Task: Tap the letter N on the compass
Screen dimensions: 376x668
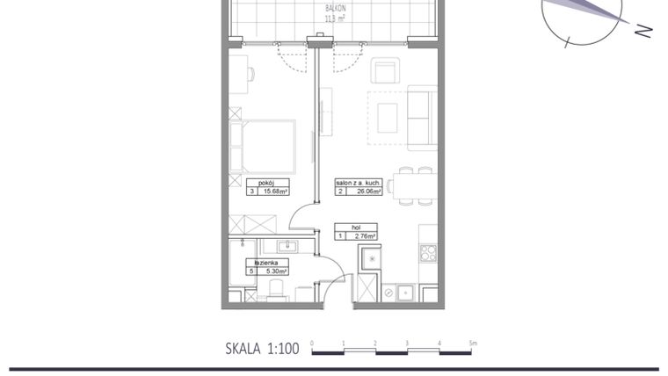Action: pos(643,31)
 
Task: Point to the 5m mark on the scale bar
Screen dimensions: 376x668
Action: pos(472,343)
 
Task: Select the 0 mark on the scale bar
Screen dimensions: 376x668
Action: pos(312,343)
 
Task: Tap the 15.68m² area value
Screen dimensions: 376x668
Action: pos(275,191)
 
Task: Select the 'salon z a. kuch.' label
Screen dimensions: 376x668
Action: pos(358,182)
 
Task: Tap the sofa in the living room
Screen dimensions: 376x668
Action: pos(422,117)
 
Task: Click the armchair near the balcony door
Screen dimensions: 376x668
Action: pos(386,70)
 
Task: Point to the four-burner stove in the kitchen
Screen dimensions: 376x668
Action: pos(428,254)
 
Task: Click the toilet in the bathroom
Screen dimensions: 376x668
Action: pos(275,288)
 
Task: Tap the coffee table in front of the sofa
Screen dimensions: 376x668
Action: pos(387,115)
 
